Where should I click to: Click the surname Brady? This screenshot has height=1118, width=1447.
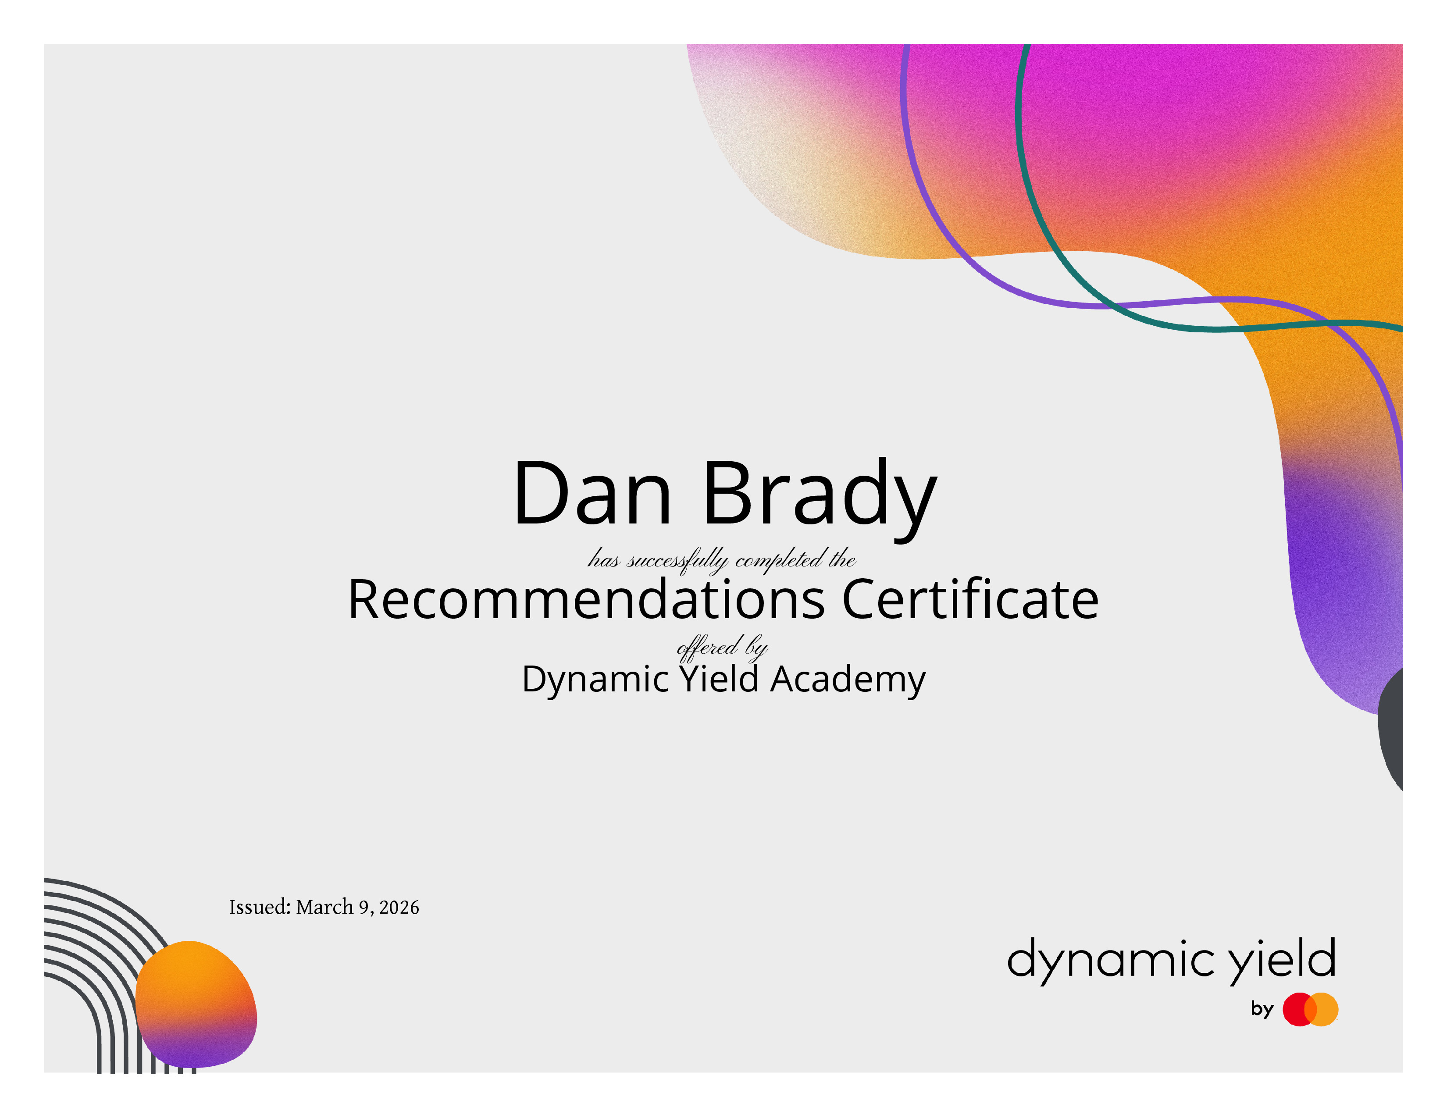pyautogui.click(x=820, y=498)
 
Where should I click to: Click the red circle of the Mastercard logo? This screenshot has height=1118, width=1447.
pyautogui.click(x=1299, y=1009)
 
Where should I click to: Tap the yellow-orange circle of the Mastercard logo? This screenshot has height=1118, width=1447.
pyautogui.click(x=1322, y=1009)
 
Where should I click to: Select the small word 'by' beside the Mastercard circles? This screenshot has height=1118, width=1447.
pyautogui.click(x=1262, y=1009)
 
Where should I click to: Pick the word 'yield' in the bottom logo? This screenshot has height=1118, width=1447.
pyautogui.click(x=1282, y=960)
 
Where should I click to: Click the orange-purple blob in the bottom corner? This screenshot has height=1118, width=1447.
pyautogui.click(x=196, y=1004)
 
